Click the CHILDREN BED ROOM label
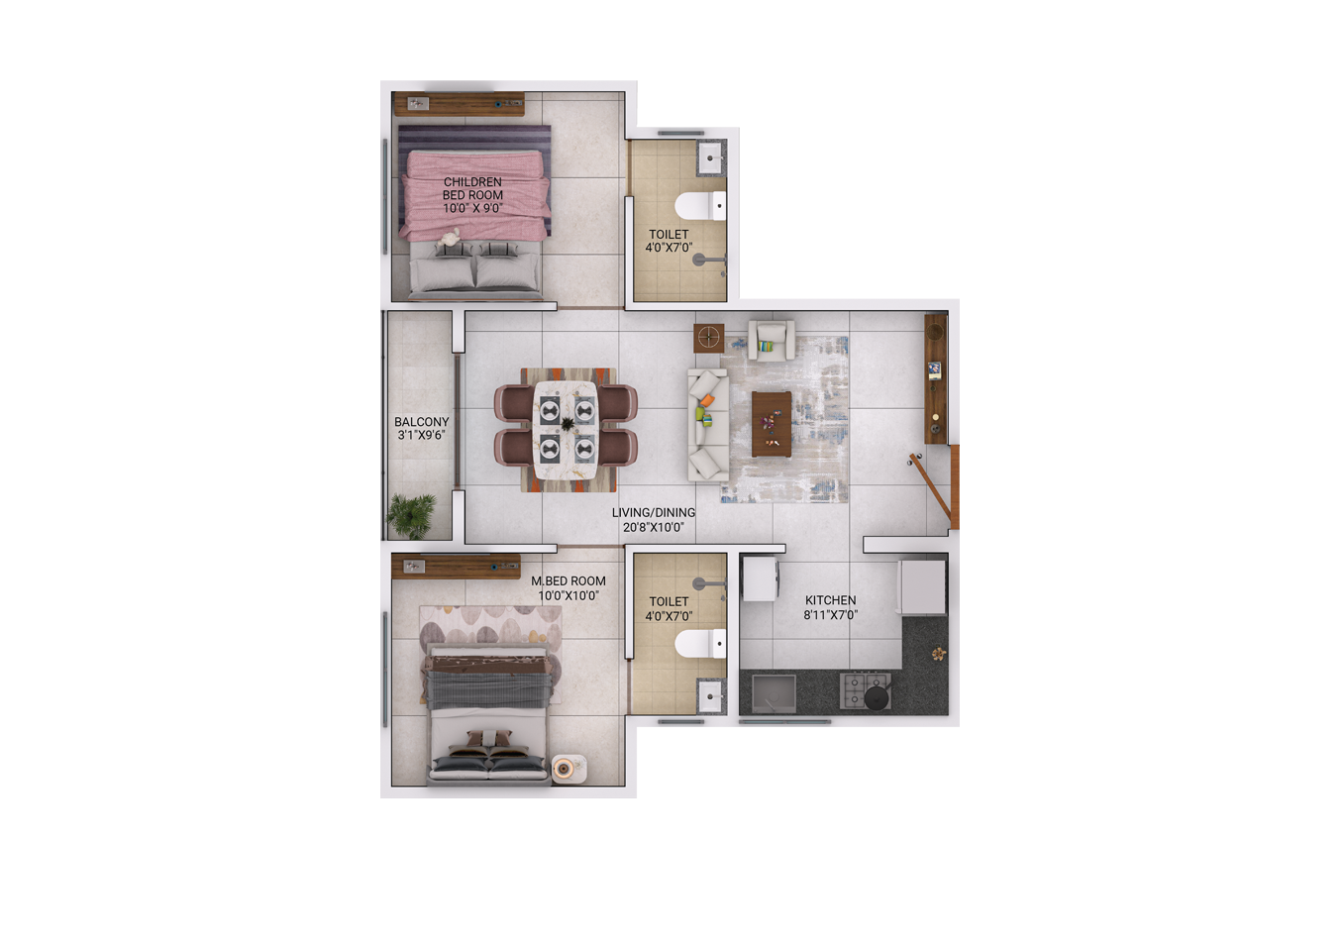click(x=472, y=195)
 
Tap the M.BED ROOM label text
click(x=568, y=580)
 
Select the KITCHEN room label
click(x=830, y=600)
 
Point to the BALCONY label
click(x=422, y=422)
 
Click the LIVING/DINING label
click(x=654, y=512)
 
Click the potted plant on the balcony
click(x=411, y=515)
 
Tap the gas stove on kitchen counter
click(x=865, y=690)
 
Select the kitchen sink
click(x=775, y=693)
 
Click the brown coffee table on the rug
click(x=772, y=424)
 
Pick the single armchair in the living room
click(x=772, y=341)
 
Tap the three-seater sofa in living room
click(x=708, y=425)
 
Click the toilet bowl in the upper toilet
click(x=700, y=206)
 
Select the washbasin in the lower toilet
click(x=711, y=696)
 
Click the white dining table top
click(x=566, y=430)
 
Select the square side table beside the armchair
click(x=709, y=338)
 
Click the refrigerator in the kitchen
click(x=921, y=586)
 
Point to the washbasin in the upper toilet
click(x=712, y=158)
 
